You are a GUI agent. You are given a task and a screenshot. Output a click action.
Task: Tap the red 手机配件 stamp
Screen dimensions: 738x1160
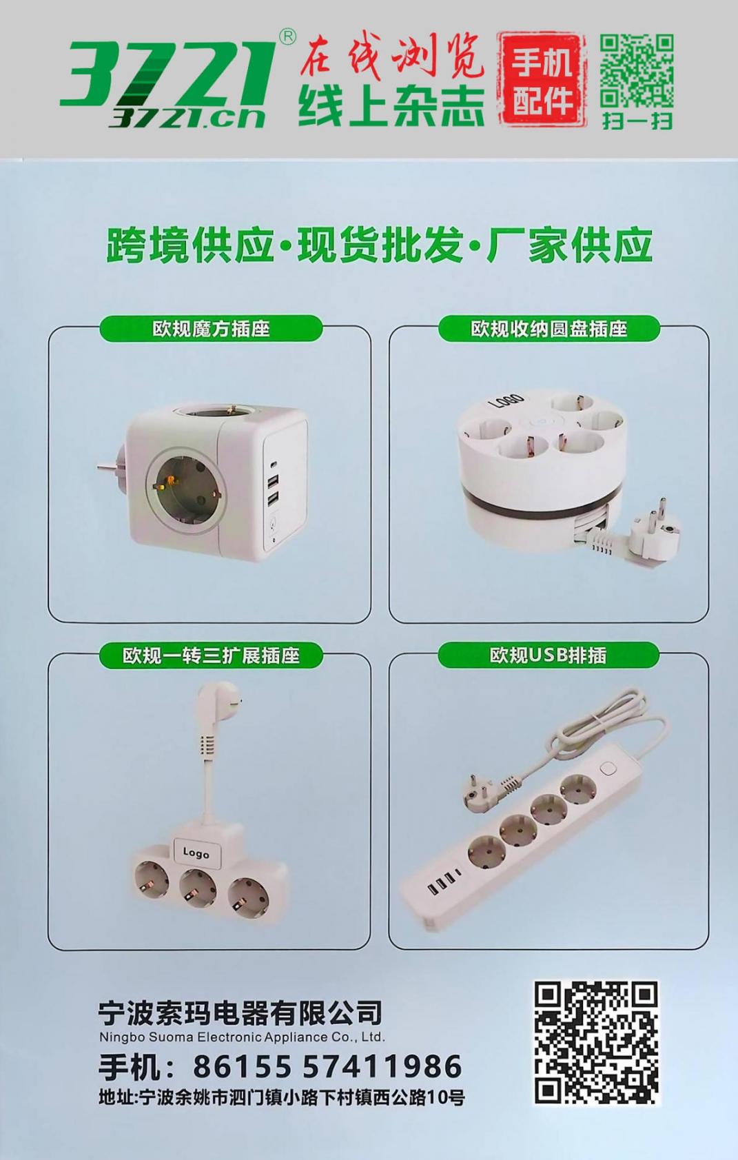click(542, 79)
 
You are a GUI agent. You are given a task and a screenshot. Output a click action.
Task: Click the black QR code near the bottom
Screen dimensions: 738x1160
click(596, 1044)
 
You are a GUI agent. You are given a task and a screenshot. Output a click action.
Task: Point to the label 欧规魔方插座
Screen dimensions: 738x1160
click(211, 328)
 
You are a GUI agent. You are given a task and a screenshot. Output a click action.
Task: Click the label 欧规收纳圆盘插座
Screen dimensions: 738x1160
click(549, 328)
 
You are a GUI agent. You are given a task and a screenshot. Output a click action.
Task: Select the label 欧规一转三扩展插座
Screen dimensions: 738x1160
click(211, 655)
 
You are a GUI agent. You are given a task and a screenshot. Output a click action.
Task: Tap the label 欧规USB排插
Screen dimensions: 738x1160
click(549, 655)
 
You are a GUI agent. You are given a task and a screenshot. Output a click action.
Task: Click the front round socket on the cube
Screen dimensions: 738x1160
click(186, 491)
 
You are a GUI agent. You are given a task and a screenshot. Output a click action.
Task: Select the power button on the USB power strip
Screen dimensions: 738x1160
click(607, 768)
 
